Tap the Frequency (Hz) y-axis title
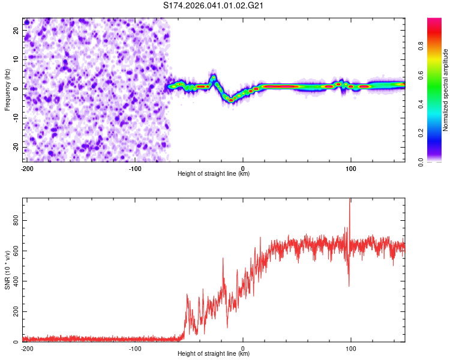[7, 90]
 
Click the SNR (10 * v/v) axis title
[7, 270]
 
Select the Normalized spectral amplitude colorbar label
[446, 90]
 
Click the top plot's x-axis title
[214, 173]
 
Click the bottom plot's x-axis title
[214, 353]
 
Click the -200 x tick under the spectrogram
[26, 167]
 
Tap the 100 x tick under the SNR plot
[350, 347]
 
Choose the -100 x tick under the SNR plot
[134, 347]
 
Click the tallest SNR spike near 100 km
[350, 201]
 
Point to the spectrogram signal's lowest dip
[230, 100]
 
